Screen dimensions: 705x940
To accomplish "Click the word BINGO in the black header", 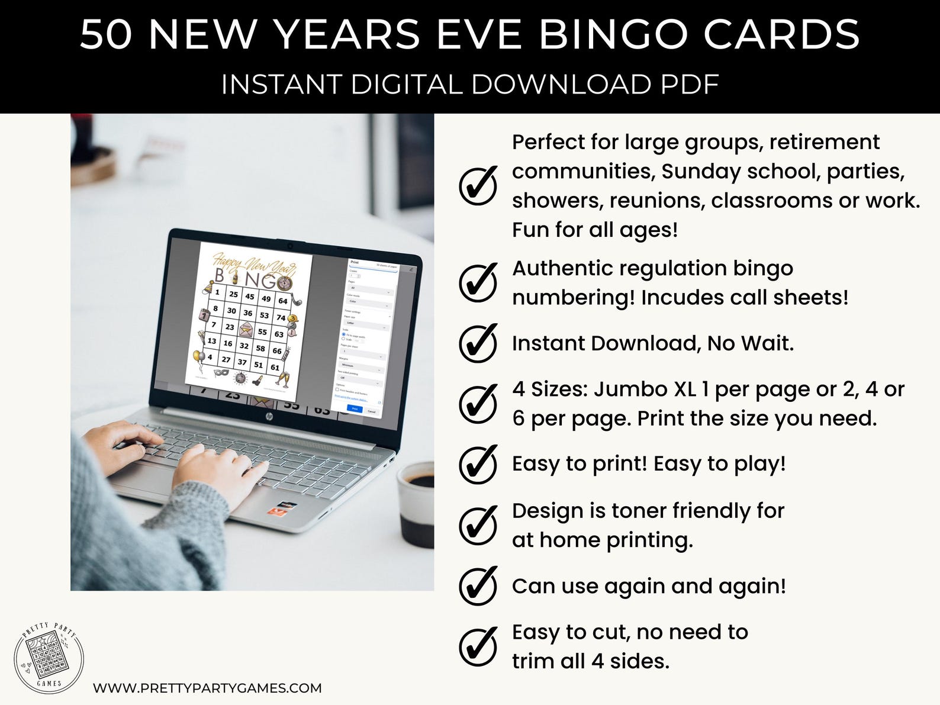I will (613, 34).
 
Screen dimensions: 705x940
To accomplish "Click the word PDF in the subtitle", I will (690, 85).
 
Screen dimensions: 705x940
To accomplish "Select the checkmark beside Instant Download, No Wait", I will (478, 344).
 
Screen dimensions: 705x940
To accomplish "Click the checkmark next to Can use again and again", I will (478, 586).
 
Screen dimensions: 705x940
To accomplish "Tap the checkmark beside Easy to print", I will (478, 464).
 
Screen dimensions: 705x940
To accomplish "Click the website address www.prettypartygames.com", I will (207, 688).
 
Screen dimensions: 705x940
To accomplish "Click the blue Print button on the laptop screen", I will (355, 408).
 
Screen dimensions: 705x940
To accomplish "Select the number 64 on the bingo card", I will (282, 301).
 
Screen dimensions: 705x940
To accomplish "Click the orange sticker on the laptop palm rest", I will (276, 509).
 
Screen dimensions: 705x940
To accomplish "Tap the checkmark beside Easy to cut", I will (478, 646).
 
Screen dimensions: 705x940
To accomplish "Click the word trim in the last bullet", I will (531, 661).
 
